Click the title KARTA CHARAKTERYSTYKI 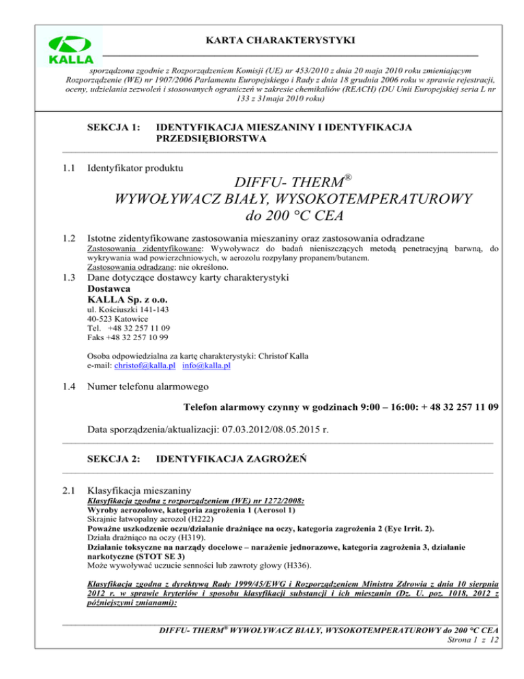coord(285,42)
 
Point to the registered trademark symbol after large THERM coord(347,178)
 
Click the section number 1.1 coord(68,167)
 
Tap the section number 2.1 coord(68,490)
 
